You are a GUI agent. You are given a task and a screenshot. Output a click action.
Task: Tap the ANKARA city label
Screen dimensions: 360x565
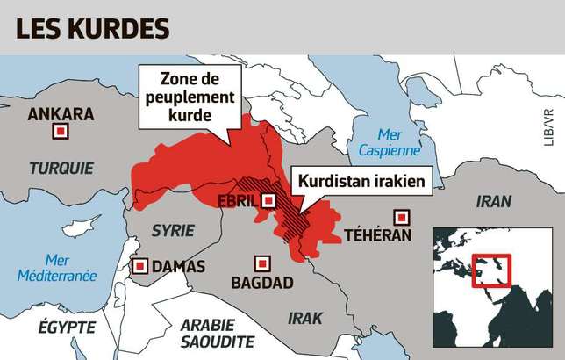click(60, 114)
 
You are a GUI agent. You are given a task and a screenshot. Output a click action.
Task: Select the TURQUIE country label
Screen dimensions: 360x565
click(61, 168)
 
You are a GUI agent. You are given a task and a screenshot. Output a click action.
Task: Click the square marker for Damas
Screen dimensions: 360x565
click(139, 266)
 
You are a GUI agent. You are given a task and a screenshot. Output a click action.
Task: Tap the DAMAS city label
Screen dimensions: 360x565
click(178, 266)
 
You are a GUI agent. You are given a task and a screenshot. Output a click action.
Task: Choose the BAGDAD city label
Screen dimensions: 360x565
click(261, 284)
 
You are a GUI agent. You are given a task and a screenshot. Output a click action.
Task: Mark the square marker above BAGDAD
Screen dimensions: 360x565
click(261, 263)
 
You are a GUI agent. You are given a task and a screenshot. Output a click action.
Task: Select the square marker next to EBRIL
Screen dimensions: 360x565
click(269, 201)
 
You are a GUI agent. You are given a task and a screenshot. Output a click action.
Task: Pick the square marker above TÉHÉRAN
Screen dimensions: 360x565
click(402, 216)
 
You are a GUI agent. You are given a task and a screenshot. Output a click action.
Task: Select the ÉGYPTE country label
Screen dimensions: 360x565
click(67, 327)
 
